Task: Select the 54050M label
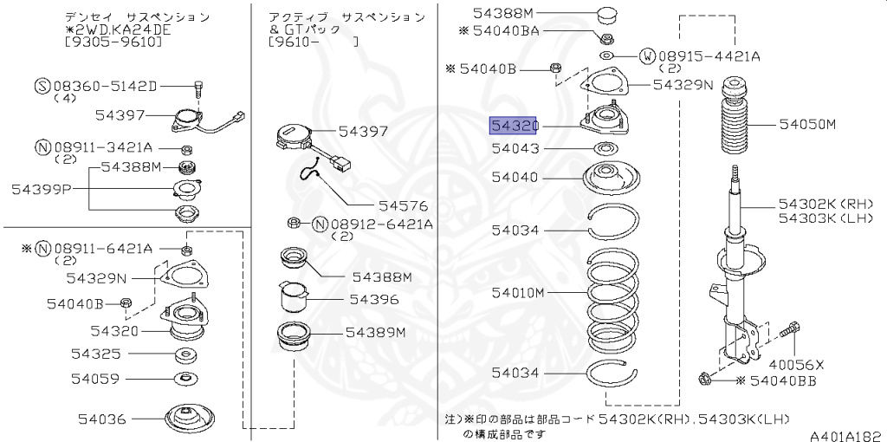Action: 806,125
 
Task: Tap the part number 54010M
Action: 518,293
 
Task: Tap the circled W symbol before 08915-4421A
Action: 646,57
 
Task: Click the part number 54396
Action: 374,300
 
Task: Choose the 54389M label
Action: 376,332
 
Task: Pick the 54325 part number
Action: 98,354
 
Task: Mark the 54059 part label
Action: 98,379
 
